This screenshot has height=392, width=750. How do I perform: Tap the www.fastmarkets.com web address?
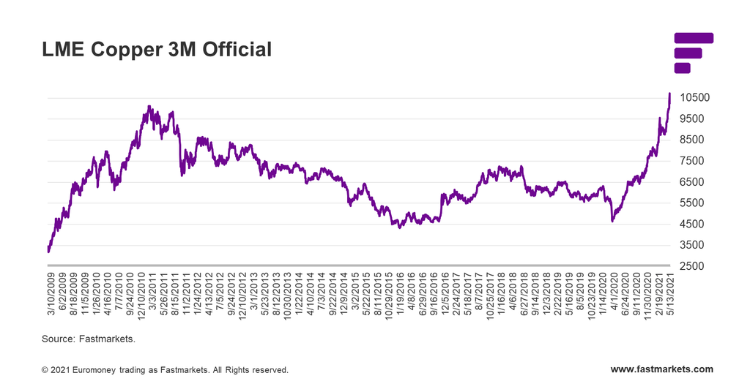pos(661,370)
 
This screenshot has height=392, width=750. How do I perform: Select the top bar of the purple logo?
pos(693,38)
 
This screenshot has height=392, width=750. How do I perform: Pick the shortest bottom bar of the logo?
pos(682,68)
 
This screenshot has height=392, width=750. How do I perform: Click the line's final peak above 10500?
pos(669,94)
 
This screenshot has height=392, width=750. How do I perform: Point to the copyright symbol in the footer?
pos(45,371)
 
